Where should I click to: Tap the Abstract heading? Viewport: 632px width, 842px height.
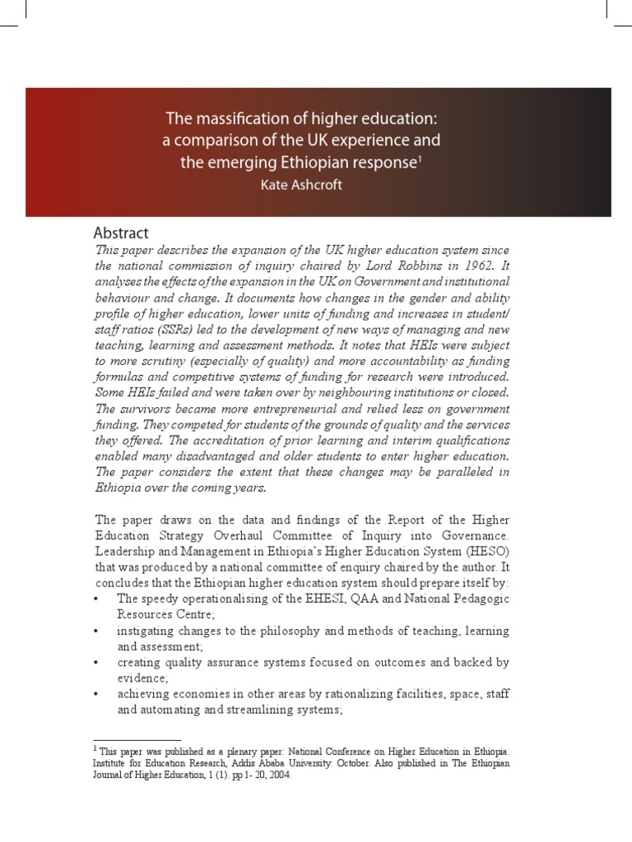122,234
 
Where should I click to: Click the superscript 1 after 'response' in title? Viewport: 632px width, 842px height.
419,158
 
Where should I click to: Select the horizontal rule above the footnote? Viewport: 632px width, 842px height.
137,740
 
